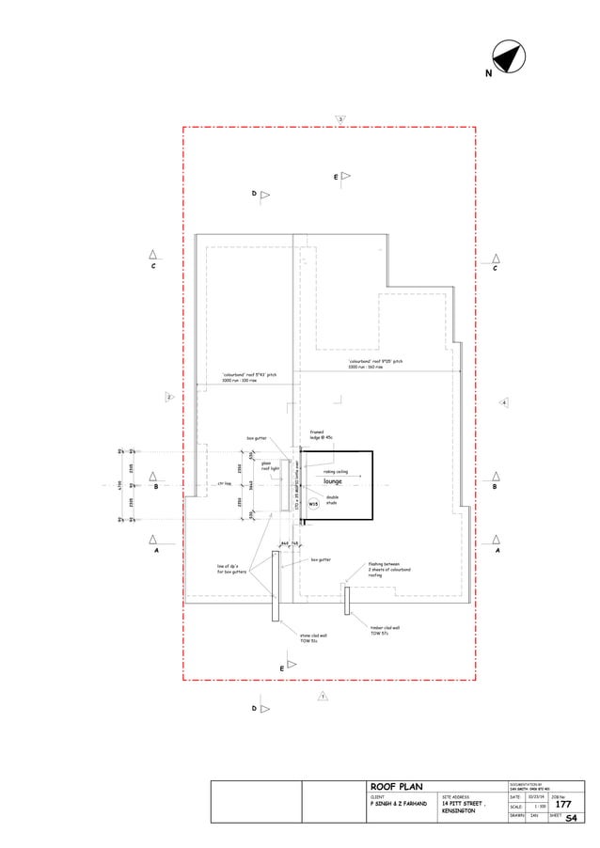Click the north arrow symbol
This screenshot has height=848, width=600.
click(509, 57)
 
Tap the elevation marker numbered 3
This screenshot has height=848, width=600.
click(340, 118)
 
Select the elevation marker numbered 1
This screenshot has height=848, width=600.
click(322, 697)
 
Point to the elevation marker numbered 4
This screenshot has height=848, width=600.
click(504, 402)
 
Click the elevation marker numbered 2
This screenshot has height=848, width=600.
click(169, 398)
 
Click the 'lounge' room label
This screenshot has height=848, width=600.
click(332, 480)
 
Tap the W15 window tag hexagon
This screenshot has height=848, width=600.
click(313, 504)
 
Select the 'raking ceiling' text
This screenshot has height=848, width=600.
click(336, 471)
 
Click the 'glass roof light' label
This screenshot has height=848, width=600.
click(270, 464)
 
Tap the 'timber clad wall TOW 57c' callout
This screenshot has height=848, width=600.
click(386, 630)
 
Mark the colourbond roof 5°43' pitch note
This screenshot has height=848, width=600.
click(248, 378)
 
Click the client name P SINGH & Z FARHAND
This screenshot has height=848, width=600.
click(398, 805)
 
